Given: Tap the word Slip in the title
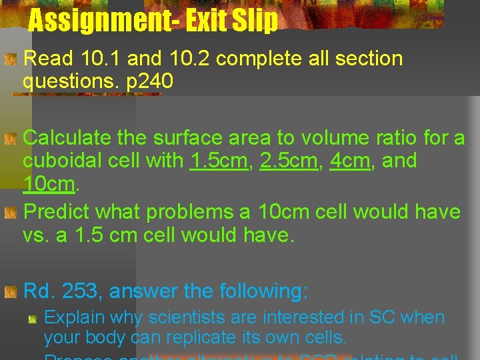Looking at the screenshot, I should coord(257,21).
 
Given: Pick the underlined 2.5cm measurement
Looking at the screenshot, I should coord(289,161).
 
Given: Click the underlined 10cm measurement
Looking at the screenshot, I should coord(49,183).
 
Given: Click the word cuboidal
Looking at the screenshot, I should coord(61,161).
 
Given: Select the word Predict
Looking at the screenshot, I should coord(57,212).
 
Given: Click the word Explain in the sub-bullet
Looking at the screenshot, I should coord(73,317).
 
